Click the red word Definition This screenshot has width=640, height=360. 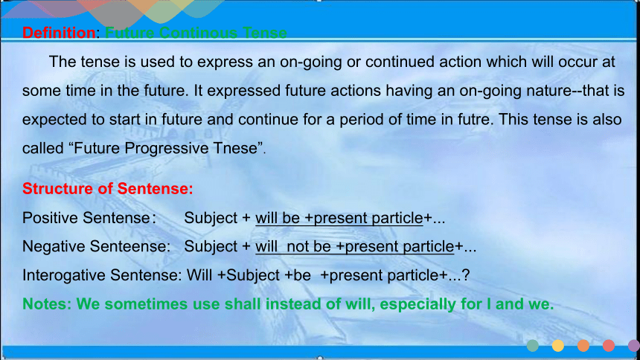tap(60, 33)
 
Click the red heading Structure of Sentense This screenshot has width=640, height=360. tap(108, 189)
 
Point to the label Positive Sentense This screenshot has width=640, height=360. tap(86, 217)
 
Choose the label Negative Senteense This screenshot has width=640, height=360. tap(95, 246)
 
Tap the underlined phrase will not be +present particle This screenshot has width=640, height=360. tap(355, 246)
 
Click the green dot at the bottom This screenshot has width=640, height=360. tap(533, 346)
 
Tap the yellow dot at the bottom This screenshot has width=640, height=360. tap(558, 346)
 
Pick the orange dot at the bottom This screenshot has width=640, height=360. tap(583, 346)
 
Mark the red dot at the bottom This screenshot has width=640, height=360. tap(609, 346)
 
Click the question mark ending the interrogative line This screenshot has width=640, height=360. tap(466, 275)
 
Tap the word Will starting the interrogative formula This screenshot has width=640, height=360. tap(199, 275)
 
